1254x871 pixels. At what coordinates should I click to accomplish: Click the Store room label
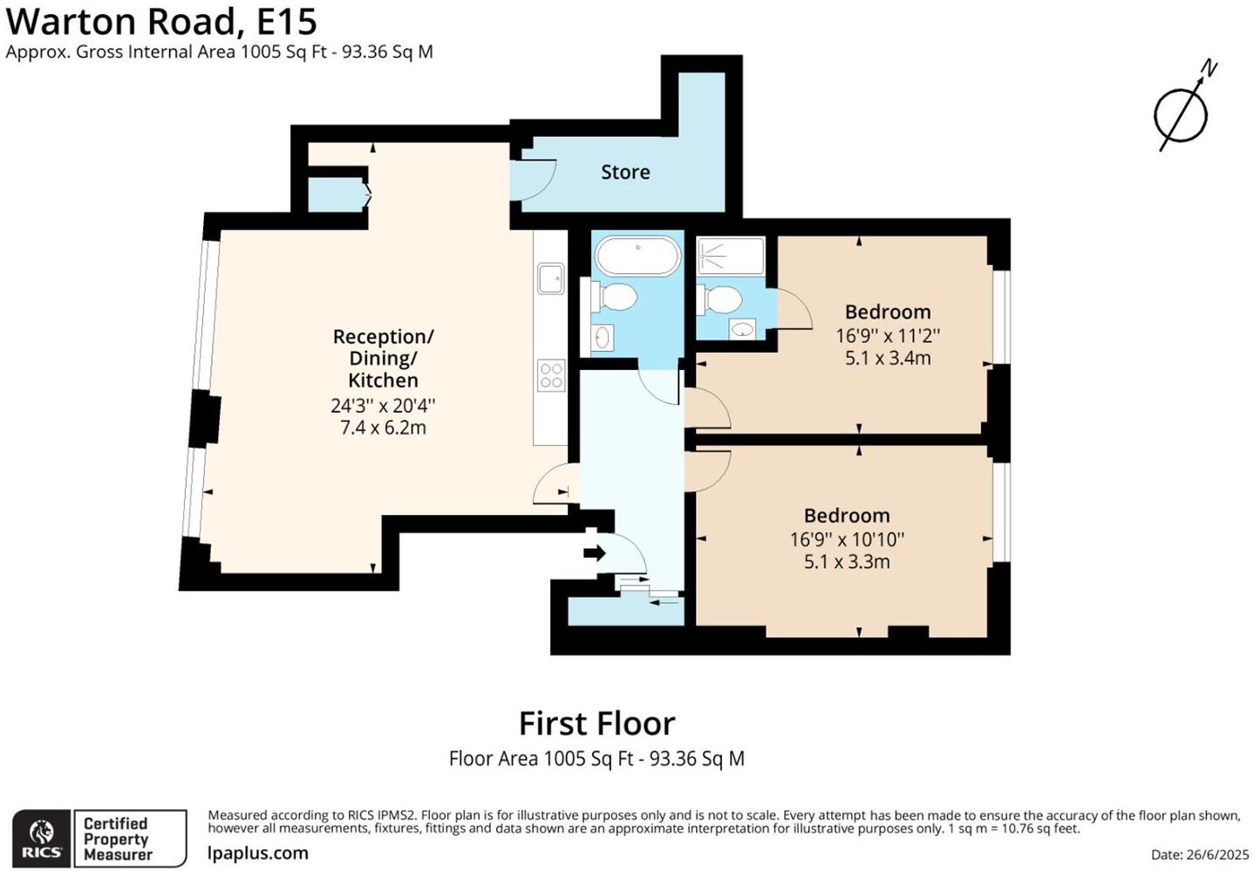point(625,172)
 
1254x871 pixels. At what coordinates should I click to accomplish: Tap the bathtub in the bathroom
point(637,257)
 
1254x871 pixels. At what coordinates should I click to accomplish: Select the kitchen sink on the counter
point(550,279)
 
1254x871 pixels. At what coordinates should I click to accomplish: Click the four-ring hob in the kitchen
point(551,375)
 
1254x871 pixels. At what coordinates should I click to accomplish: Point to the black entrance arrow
point(595,553)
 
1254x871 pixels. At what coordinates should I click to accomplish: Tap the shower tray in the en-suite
point(731,256)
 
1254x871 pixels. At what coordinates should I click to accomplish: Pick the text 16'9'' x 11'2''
point(888,335)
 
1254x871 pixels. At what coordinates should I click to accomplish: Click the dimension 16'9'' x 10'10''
point(847,539)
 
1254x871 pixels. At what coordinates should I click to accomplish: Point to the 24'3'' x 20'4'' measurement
point(383,406)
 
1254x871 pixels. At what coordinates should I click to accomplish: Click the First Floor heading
point(596,724)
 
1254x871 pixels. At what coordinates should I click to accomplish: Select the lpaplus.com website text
point(258,853)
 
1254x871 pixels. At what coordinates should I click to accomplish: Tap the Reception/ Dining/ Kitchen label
point(383,358)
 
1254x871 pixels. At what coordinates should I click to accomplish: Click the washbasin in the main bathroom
point(603,337)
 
